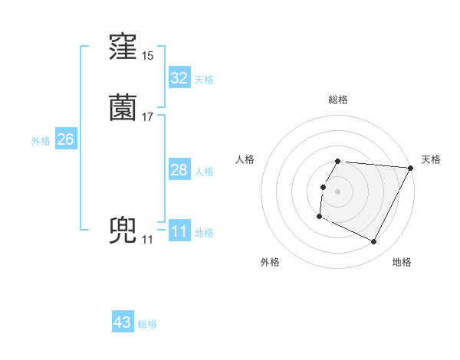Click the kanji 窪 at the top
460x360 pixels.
pyautogui.click(x=123, y=47)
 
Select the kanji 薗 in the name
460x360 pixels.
pyautogui.click(x=123, y=108)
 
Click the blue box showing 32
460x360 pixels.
pyautogui.click(x=179, y=78)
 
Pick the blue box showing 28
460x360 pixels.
pyautogui.click(x=179, y=170)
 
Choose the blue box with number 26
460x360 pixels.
pyautogui.click(x=65, y=139)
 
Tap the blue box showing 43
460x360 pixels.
pyautogui.click(x=123, y=322)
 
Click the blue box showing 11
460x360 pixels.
pyautogui.click(x=179, y=231)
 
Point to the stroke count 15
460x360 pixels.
pyautogui.click(x=147, y=56)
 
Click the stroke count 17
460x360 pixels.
pyautogui.click(x=147, y=116)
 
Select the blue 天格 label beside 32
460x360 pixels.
pyautogui.click(x=204, y=80)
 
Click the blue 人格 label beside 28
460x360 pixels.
pyautogui.click(x=204, y=172)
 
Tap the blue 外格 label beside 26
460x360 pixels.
pyautogui.click(x=40, y=141)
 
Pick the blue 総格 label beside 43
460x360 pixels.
pyautogui.click(x=147, y=324)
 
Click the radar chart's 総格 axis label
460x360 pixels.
pyautogui.click(x=338, y=100)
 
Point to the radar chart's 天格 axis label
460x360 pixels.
pyautogui.click(x=431, y=159)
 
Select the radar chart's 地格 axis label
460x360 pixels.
pyautogui.click(x=402, y=263)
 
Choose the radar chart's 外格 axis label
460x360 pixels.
pyautogui.click(x=270, y=263)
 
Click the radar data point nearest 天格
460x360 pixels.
pyautogui.click(x=411, y=168)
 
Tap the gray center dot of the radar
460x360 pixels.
pyautogui.click(x=338, y=191)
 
